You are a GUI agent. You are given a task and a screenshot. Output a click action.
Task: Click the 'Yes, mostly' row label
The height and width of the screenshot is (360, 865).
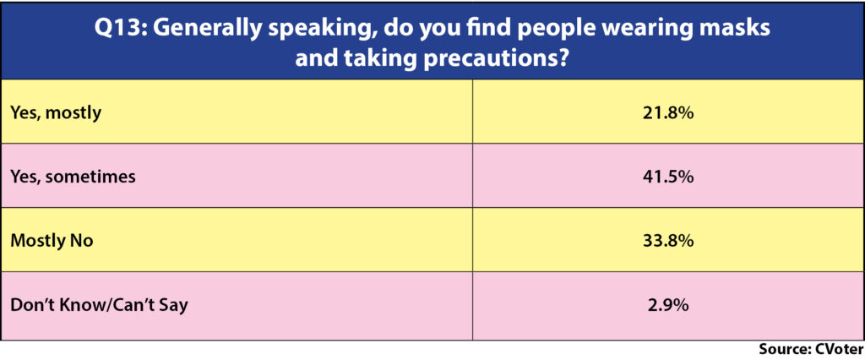pos(57,113)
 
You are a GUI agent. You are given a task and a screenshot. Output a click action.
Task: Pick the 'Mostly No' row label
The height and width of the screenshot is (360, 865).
pos(52,242)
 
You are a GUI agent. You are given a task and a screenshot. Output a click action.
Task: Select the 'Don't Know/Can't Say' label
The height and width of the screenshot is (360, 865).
pos(100,305)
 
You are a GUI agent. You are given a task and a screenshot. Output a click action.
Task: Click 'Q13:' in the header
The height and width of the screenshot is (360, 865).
pos(120,29)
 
